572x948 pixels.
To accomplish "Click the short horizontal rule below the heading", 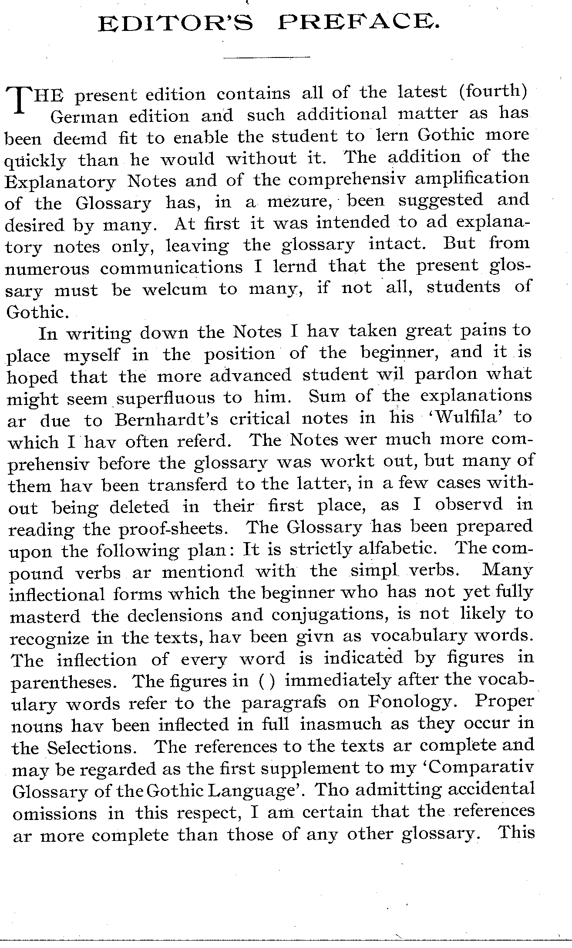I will click(266, 57).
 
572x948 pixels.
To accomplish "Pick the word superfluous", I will click(165, 398).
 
